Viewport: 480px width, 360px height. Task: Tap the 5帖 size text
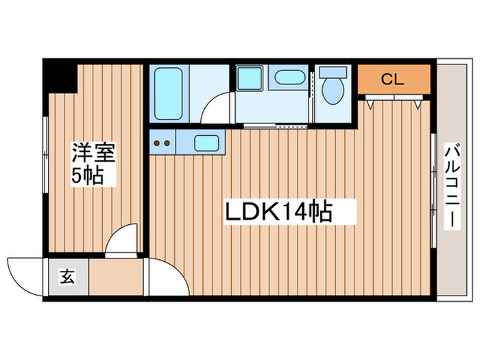pos(87,176)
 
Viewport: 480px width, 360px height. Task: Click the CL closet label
pos(393,79)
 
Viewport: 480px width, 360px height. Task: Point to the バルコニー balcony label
pos(451,186)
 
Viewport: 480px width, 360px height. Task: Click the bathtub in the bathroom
pos(168,94)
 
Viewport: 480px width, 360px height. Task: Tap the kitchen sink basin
pos(207,143)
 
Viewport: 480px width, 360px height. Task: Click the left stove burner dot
pos(158,143)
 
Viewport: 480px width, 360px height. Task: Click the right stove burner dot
pos(167,143)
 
